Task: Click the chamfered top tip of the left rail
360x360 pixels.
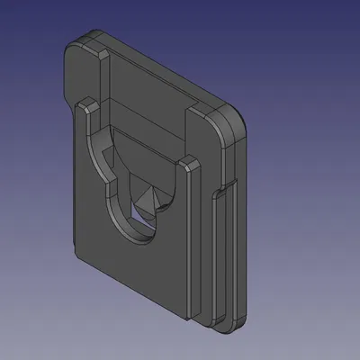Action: pyautogui.click(x=84, y=104)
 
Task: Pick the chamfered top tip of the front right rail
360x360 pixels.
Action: pyautogui.click(x=188, y=163)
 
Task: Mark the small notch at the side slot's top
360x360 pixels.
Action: pyautogui.click(x=221, y=190)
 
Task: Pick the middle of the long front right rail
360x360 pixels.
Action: pyautogui.click(x=189, y=243)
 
